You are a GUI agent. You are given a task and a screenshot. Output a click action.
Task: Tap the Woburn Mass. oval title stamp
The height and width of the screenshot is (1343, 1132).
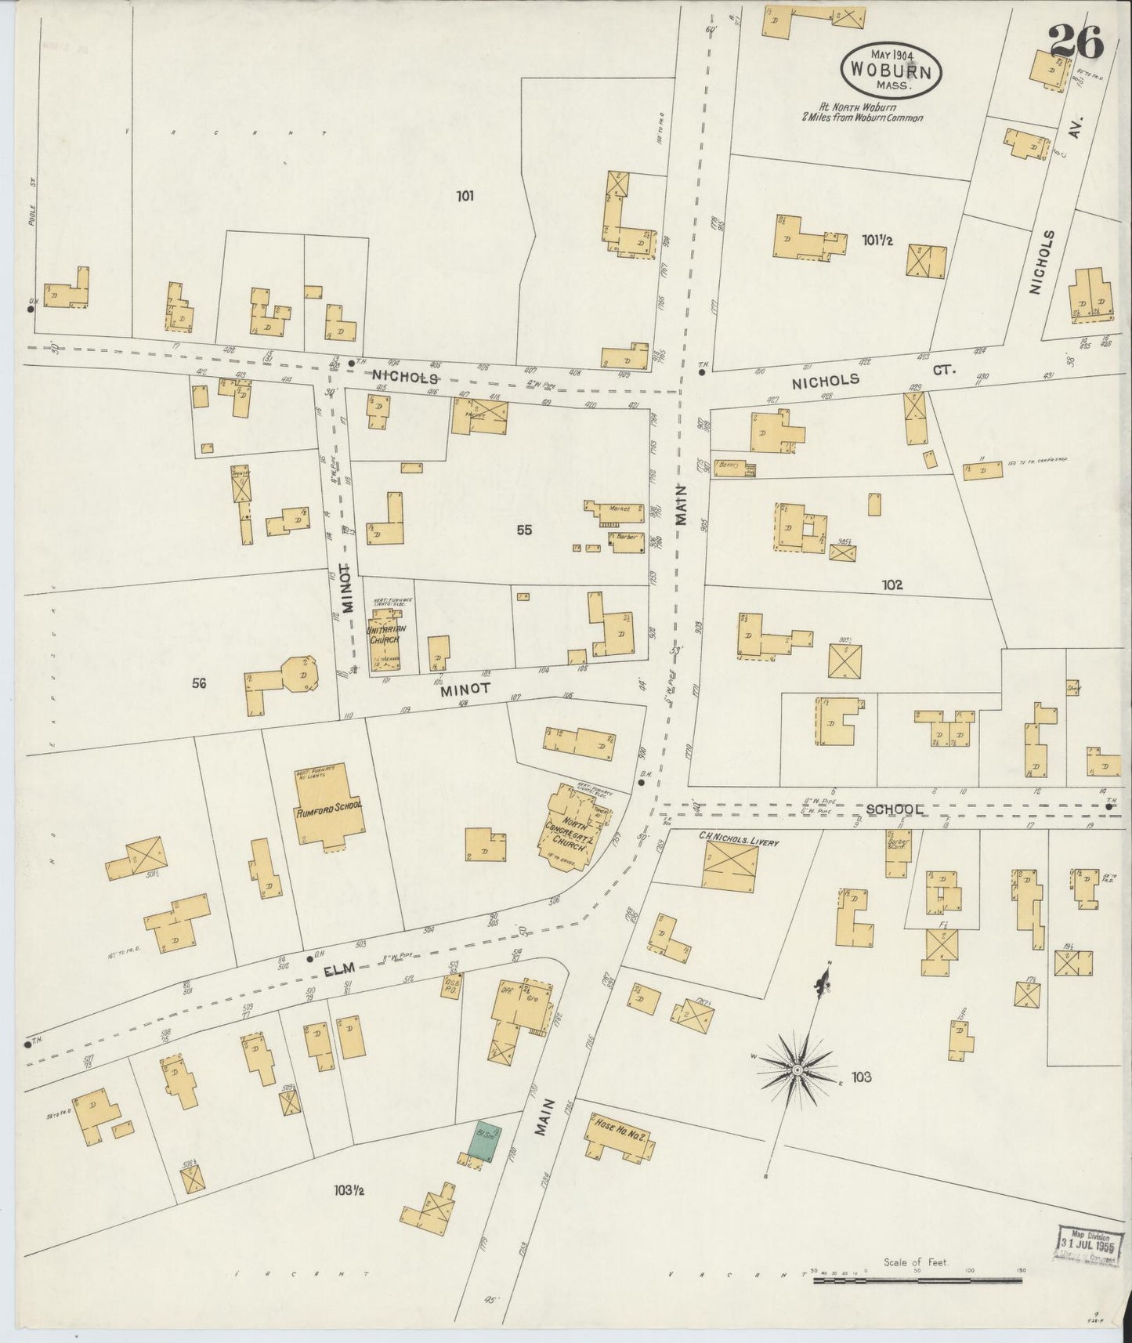tap(891, 69)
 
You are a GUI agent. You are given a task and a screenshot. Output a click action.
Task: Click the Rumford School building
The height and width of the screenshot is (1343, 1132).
tap(329, 812)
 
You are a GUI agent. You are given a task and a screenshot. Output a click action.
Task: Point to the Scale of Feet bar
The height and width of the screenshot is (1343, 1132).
tap(917, 1280)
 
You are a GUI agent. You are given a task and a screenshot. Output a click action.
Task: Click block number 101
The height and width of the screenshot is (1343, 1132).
tap(465, 196)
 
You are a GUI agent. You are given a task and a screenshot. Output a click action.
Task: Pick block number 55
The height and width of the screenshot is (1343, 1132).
tap(524, 530)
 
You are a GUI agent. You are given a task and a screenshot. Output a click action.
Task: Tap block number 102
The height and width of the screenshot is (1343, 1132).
tap(891, 585)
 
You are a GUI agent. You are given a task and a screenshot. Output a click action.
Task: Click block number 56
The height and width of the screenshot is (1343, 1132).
tap(199, 683)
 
